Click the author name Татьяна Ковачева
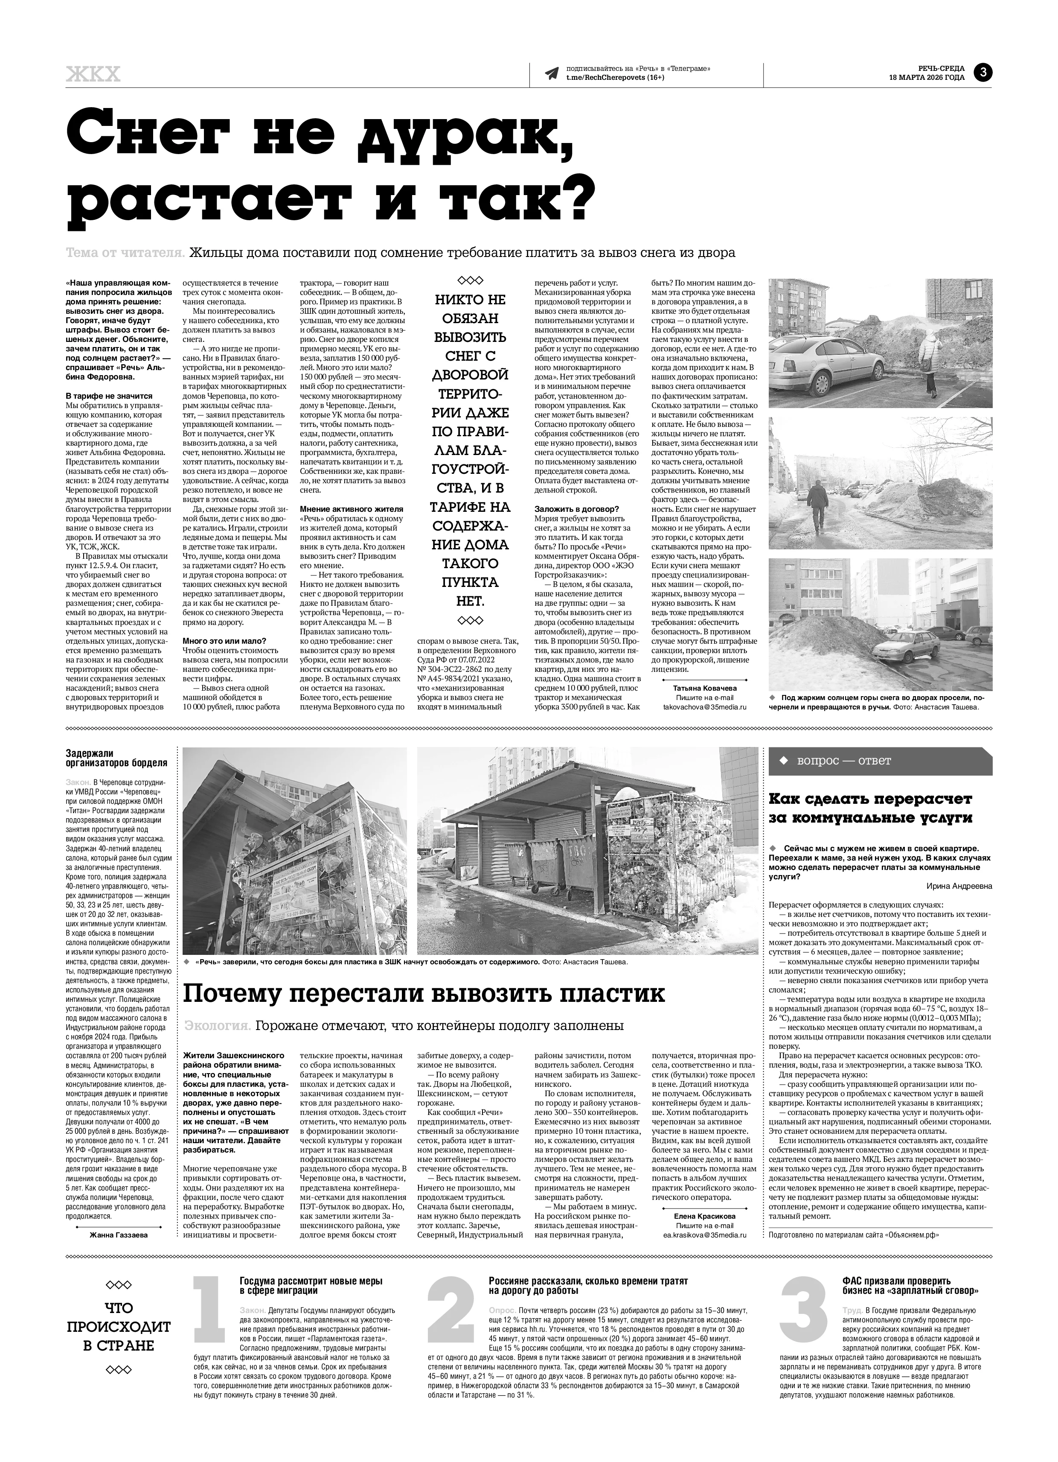tap(704, 688)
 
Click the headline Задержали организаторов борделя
tap(116, 758)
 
